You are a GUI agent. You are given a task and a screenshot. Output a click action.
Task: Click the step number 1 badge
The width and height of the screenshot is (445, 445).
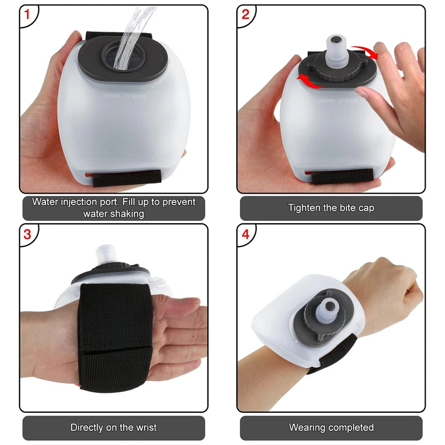tap(27, 15)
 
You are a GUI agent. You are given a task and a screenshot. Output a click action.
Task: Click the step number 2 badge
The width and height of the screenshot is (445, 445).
tap(245, 15)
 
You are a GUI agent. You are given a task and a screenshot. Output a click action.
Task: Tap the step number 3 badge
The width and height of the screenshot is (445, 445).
tap(27, 234)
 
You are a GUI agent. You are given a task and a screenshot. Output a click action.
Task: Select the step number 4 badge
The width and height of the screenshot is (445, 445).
tap(245, 234)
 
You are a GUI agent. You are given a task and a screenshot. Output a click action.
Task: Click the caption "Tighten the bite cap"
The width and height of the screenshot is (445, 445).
tap(331, 208)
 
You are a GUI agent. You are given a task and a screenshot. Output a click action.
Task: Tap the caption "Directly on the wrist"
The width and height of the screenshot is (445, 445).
tap(113, 428)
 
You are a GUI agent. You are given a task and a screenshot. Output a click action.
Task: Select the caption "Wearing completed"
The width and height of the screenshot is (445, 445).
tap(331, 428)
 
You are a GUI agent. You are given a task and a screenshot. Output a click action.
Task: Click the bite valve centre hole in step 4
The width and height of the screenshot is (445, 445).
tap(329, 306)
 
